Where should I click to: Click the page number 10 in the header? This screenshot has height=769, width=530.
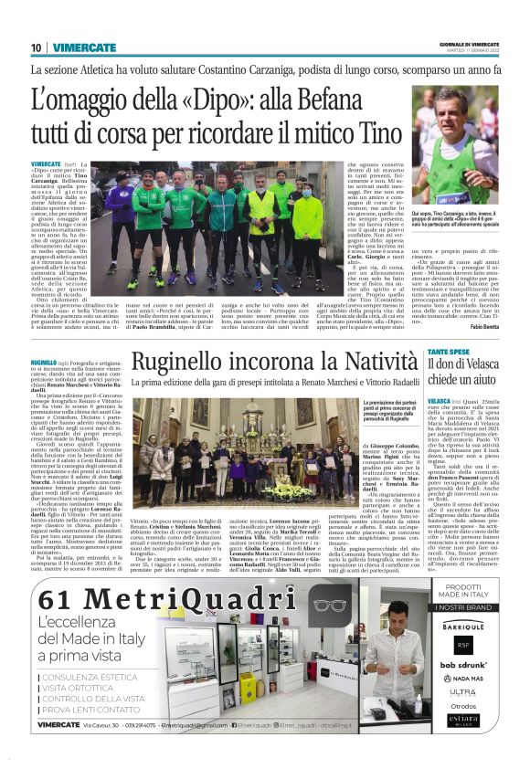[36, 47]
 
